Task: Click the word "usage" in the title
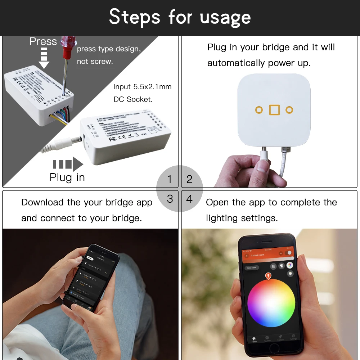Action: (x=225, y=17)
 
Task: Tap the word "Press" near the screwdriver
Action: (x=43, y=41)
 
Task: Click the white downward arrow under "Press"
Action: (x=44, y=59)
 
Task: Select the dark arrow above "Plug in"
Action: (x=68, y=164)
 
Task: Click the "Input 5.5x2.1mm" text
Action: (x=143, y=87)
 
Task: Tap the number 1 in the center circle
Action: (x=170, y=179)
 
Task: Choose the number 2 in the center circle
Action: (x=189, y=179)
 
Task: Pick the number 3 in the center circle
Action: (x=170, y=198)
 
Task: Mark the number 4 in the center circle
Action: (x=189, y=198)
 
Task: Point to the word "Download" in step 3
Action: (x=42, y=202)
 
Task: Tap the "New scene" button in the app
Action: (x=251, y=268)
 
